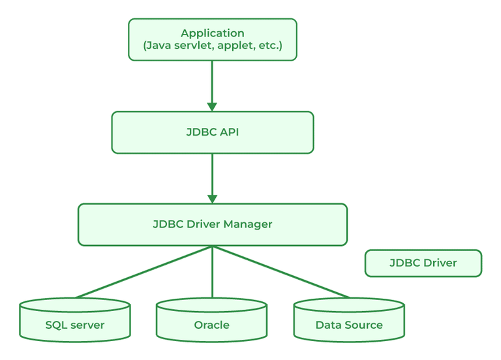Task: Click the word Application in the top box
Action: [212, 33]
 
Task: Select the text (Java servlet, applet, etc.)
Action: [212, 47]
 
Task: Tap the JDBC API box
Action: [212, 132]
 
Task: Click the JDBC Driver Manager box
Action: [212, 224]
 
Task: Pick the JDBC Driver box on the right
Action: [423, 263]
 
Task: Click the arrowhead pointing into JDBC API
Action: [212, 106]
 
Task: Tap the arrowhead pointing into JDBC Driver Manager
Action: [212, 198]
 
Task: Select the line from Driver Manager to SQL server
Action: [144, 272]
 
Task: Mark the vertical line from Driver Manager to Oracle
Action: [212, 274]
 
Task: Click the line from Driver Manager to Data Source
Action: [281, 272]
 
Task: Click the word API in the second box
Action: [228, 132]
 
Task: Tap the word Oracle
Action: [211, 325]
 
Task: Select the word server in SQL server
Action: [88, 325]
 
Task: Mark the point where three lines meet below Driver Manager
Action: [212, 247]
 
